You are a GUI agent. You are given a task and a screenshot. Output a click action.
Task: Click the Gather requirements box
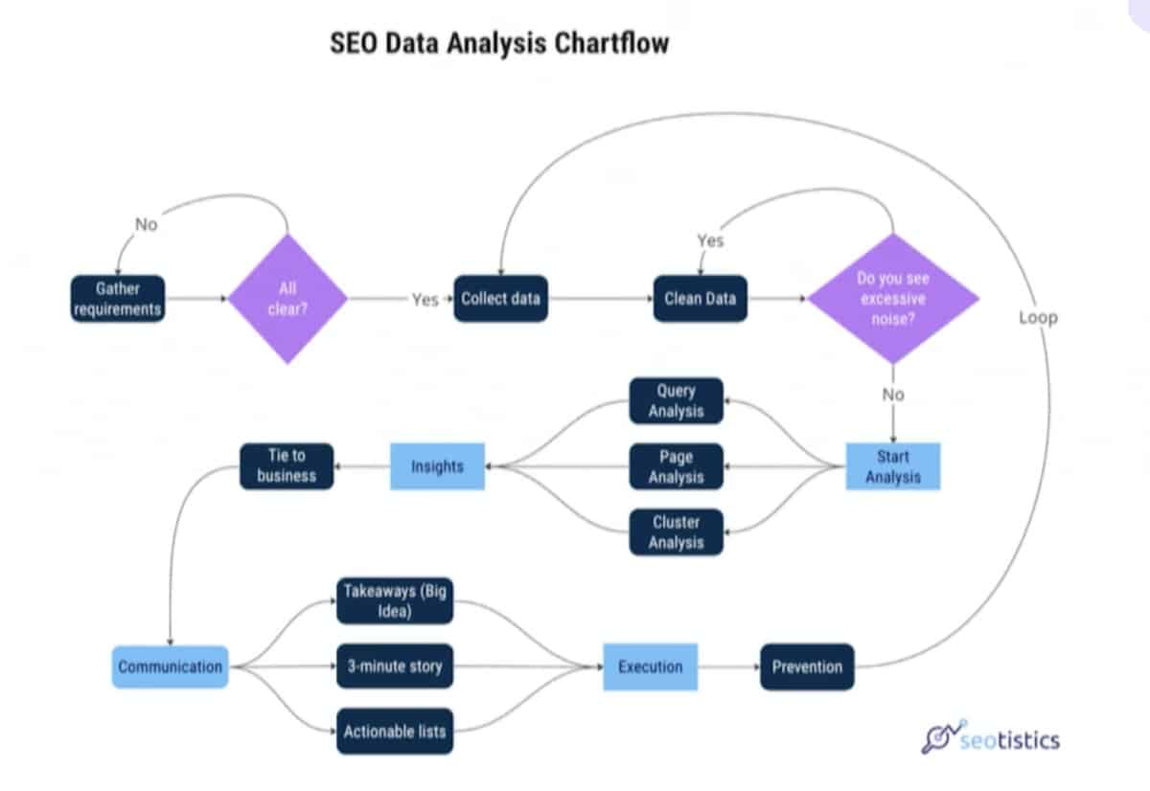[117, 299]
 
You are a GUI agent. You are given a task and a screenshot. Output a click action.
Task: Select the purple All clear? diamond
[287, 299]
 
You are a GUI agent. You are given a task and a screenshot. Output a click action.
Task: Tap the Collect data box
[500, 299]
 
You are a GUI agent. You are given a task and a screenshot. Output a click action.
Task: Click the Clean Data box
[701, 299]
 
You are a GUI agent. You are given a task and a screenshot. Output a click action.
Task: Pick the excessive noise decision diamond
[893, 299]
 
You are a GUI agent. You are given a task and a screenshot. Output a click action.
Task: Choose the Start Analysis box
[892, 465]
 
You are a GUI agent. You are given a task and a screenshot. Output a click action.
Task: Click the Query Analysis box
[676, 400]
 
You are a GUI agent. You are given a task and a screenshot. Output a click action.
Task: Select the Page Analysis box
[676, 466]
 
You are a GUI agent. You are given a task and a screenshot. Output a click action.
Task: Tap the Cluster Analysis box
[676, 531]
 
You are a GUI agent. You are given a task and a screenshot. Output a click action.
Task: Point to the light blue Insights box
[437, 466]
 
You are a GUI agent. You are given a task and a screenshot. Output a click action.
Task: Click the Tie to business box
[287, 465]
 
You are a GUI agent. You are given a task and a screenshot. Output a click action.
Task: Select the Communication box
[171, 667]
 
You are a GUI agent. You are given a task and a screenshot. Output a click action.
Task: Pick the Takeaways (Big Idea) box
[395, 600]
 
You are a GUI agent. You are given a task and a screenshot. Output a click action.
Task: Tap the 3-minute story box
[394, 666]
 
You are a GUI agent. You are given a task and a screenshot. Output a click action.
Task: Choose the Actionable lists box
[394, 732]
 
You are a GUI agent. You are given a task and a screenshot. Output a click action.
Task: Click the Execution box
[650, 667]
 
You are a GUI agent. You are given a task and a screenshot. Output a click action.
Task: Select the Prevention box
[807, 667]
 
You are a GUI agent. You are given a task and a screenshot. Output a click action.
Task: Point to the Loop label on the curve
[1038, 317]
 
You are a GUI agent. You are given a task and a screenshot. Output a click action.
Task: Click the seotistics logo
[991, 739]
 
